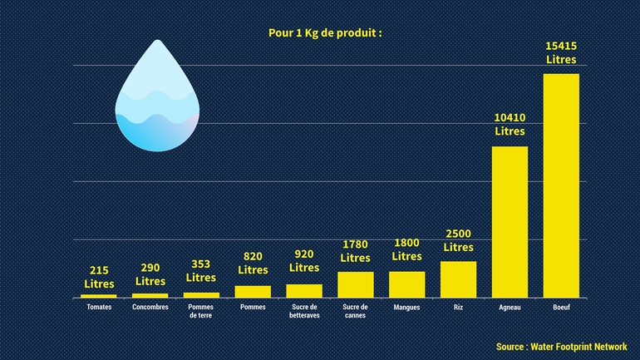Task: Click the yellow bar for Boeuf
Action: coord(561,185)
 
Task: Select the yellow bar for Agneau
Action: coord(510,221)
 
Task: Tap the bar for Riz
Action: coord(458,279)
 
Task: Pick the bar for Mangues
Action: coord(406,284)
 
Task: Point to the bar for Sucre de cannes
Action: coord(355,284)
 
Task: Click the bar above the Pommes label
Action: coord(253,291)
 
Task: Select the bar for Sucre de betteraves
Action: coord(304,290)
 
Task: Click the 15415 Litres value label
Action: coord(561,52)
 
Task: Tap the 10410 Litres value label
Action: coord(510,124)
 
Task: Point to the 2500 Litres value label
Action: coord(458,240)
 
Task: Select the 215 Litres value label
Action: coord(98,277)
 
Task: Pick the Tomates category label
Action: coord(98,308)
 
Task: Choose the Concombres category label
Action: coord(150,308)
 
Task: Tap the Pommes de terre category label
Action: coord(201,311)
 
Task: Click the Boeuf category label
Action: coord(561,308)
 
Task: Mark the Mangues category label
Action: coord(406,308)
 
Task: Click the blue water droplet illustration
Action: coord(158,100)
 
